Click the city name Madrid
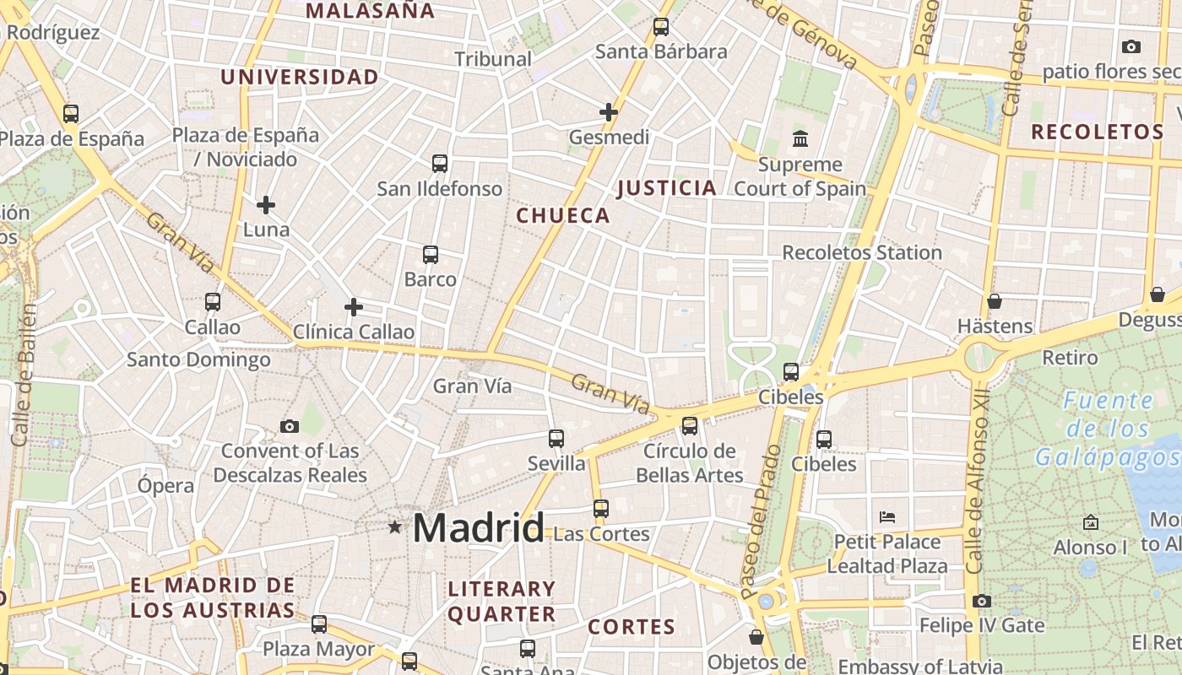(478, 528)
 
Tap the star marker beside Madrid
(394, 527)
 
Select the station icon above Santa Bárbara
(661, 27)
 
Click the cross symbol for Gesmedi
(609, 111)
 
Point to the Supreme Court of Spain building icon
(800, 138)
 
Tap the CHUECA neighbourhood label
(563, 216)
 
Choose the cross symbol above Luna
(266, 204)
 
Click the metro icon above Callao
(213, 301)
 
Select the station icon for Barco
(431, 254)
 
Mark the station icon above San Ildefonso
(440, 163)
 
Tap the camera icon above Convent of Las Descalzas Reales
(290, 426)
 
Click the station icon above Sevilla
(556, 438)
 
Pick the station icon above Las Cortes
(601, 509)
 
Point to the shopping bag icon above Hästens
(995, 301)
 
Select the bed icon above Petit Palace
(886, 516)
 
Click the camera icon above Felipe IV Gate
(981, 601)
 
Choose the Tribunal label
(493, 59)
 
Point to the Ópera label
(166, 486)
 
